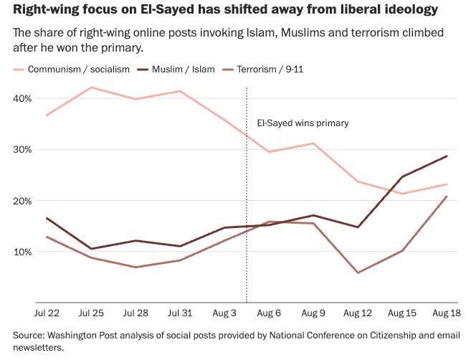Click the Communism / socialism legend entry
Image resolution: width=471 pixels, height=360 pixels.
pyautogui.click(x=72, y=70)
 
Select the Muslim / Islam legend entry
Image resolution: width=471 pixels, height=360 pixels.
pyautogui.click(x=176, y=70)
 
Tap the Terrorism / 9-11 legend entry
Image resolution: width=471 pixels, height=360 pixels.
pyautogui.click(x=263, y=70)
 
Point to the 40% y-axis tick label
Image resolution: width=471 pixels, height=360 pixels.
pyautogui.click(x=22, y=98)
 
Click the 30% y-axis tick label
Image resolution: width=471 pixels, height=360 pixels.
pyautogui.click(x=22, y=150)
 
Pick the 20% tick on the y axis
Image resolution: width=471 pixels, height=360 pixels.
pyautogui.click(x=22, y=201)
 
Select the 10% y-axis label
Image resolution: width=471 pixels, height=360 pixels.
pyautogui.click(x=22, y=252)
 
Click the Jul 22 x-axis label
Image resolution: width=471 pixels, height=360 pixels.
pyautogui.click(x=47, y=313)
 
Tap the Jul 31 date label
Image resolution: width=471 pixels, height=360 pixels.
pyautogui.click(x=180, y=313)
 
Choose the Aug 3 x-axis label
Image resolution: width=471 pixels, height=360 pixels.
pyautogui.click(x=224, y=313)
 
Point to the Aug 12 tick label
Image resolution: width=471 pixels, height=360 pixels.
pyautogui.click(x=358, y=313)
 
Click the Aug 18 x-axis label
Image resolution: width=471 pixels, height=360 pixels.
pyautogui.click(x=447, y=313)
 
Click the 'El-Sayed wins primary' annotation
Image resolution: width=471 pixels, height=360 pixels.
pyautogui.click(x=303, y=123)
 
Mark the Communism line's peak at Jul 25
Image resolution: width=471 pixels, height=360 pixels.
pyautogui.click(x=91, y=87)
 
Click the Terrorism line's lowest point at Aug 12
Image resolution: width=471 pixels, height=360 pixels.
pyautogui.click(x=358, y=273)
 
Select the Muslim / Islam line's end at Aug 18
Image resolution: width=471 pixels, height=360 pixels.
pyautogui.click(x=447, y=156)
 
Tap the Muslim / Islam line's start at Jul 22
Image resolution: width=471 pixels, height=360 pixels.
pyautogui.click(x=47, y=218)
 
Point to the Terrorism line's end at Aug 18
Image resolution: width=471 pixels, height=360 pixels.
pyautogui.click(x=447, y=196)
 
